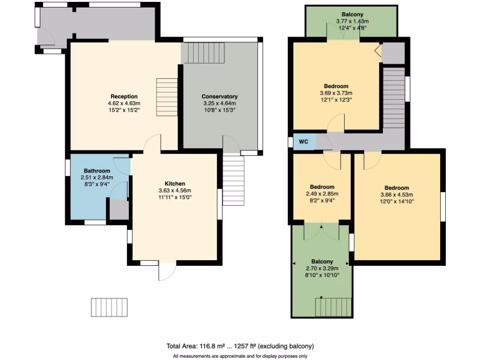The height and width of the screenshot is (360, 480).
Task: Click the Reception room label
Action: (124, 97)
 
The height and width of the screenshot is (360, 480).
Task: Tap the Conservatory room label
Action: (220, 97)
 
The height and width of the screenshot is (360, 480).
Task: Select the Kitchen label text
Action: (175, 183)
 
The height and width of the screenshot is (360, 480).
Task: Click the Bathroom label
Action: (97, 171)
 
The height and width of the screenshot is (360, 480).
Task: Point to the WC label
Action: (303, 142)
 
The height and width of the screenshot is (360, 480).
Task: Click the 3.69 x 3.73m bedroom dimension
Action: (336, 93)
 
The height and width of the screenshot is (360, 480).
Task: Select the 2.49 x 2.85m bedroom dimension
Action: (322, 194)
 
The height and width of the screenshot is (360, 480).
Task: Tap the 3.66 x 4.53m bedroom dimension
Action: (397, 195)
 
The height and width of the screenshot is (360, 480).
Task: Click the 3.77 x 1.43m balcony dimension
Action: (352, 21)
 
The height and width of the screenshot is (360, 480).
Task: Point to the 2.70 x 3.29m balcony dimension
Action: (322, 268)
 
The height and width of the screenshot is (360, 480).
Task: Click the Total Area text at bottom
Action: (240, 346)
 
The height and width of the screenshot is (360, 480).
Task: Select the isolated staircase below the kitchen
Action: (109, 307)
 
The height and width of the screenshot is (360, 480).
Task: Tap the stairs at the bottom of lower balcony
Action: (333, 307)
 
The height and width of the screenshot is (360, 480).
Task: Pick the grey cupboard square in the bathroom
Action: (119, 209)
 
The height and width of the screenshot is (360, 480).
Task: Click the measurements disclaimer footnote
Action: (240, 356)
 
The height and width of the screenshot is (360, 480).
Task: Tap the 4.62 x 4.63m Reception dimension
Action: (124, 104)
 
